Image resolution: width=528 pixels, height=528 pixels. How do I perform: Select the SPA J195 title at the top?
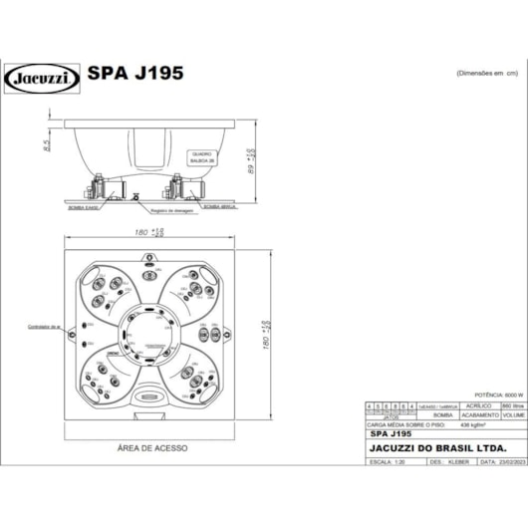(134, 74)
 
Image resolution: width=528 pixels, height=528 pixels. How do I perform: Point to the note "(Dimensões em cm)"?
(488, 74)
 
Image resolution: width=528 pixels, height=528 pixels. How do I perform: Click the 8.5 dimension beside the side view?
(47, 145)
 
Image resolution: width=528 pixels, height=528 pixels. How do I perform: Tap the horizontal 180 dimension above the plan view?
(151, 232)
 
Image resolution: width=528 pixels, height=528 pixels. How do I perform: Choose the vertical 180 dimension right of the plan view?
(265, 335)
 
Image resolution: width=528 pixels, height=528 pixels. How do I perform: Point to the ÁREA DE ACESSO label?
(151, 449)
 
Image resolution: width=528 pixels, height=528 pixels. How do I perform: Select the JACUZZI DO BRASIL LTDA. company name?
(428, 449)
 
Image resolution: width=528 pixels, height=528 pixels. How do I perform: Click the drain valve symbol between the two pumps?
(139, 194)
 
